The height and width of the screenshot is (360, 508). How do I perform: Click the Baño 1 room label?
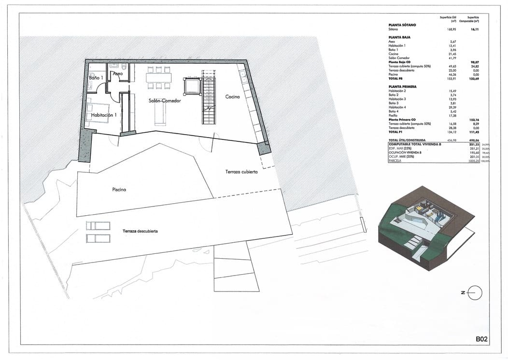(x=96, y=77)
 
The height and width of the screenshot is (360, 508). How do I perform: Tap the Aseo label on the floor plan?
(x=118, y=74)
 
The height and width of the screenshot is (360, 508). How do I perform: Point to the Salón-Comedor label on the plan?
(x=165, y=100)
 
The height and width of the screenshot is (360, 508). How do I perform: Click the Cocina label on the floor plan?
(x=232, y=97)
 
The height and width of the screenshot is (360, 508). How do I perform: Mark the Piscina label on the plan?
(x=118, y=190)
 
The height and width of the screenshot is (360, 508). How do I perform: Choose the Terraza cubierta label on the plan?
(x=241, y=172)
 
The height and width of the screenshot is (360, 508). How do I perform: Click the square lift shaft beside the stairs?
(x=191, y=86)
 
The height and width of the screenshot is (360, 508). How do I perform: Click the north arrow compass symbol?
(x=475, y=293)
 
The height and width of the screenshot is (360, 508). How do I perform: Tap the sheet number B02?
(x=482, y=339)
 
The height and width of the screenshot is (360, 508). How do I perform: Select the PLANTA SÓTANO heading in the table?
(x=402, y=25)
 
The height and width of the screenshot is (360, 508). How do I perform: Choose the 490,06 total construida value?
(x=473, y=139)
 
